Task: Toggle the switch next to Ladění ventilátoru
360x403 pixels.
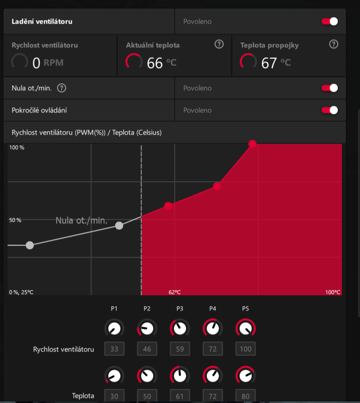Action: pos(330,22)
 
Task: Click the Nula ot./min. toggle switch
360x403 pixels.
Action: pos(330,88)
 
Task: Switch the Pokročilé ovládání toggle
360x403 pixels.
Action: pos(330,110)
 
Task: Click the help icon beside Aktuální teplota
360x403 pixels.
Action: pos(219,44)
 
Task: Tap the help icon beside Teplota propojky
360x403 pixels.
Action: pos(333,44)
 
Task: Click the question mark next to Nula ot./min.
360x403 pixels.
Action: pos(62,88)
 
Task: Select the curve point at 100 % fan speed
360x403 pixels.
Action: pos(252,144)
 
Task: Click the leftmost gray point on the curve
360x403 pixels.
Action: pos(30,245)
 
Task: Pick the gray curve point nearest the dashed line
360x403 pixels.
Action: pos(119,225)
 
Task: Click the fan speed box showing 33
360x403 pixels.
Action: pos(114,349)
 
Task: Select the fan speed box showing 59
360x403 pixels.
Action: pos(180,349)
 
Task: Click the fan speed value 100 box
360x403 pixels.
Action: pos(245,349)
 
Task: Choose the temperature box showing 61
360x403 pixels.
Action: pos(180,396)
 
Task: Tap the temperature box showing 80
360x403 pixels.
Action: pos(245,396)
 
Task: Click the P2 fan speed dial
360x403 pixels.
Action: pos(147,329)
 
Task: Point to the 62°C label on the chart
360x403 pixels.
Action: pos(175,292)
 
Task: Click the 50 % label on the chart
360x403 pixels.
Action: pos(15,220)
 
